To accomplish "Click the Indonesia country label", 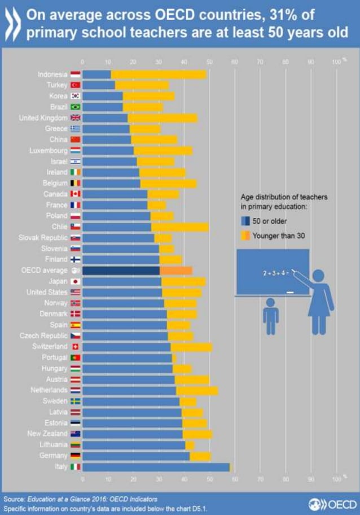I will click(52, 75).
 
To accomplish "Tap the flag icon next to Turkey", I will click(75, 85).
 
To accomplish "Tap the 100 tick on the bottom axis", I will click(336, 479).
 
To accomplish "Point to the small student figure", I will click(271, 318).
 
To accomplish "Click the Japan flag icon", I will click(75, 282).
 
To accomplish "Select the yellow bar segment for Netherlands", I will click(197, 390).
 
